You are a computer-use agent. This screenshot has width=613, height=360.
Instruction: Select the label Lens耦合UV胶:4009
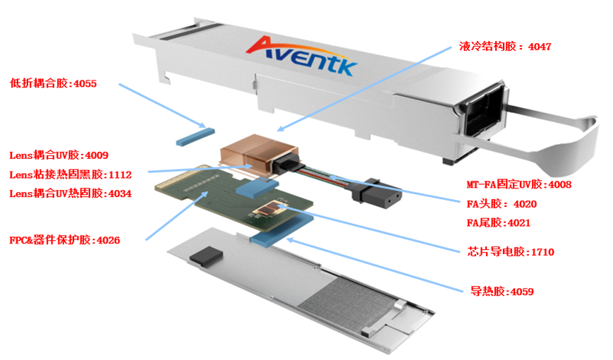tap(58, 155)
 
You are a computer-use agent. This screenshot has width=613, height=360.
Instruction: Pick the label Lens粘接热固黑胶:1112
tap(69, 174)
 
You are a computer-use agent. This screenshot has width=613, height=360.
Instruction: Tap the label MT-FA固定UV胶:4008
tap(518, 185)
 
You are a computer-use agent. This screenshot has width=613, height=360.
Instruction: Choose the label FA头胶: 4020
tap(501, 204)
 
